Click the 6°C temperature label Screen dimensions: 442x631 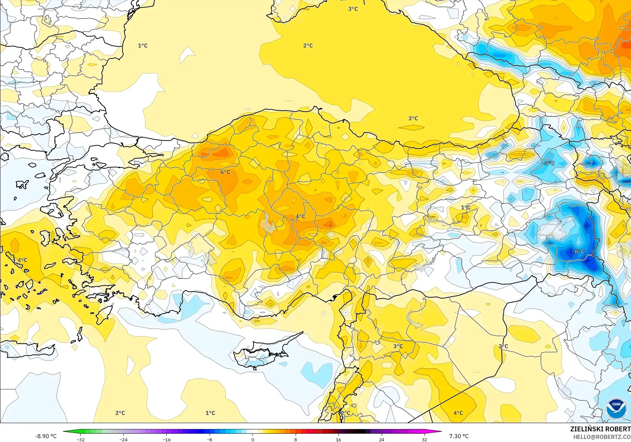pyautogui.click(x=225, y=172)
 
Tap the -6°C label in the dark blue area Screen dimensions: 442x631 pyautogui.click(x=578, y=251)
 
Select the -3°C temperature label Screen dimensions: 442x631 pyautogui.click(x=548, y=163)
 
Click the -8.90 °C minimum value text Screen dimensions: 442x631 pyautogui.click(x=46, y=436)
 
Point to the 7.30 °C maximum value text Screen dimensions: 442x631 pyautogui.click(x=459, y=436)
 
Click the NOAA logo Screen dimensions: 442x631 pyautogui.click(x=616, y=408)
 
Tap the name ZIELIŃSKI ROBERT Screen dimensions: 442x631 pyautogui.click(x=600, y=429)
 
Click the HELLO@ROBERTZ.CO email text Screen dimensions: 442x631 pyautogui.click(x=602, y=437)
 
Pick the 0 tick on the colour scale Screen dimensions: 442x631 pyautogui.click(x=253, y=439)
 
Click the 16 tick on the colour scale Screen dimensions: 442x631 pyautogui.click(x=338, y=439)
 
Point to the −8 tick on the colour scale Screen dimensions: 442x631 pyautogui.click(x=210, y=439)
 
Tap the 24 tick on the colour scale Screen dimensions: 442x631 pyautogui.click(x=381, y=439)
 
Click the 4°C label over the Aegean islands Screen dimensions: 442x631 pyautogui.click(x=22, y=260)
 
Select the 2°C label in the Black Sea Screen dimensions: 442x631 pyautogui.click(x=308, y=45)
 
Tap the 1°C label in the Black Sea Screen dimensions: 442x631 pyautogui.click(x=143, y=45)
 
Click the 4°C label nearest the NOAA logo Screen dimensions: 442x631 pyautogui.click(x=458, y=413)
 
